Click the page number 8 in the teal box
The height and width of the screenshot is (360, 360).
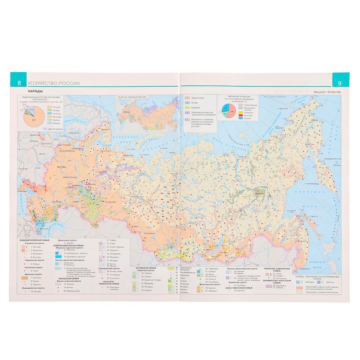pos(18,83)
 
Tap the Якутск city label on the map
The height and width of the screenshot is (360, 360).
pos(256,192)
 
